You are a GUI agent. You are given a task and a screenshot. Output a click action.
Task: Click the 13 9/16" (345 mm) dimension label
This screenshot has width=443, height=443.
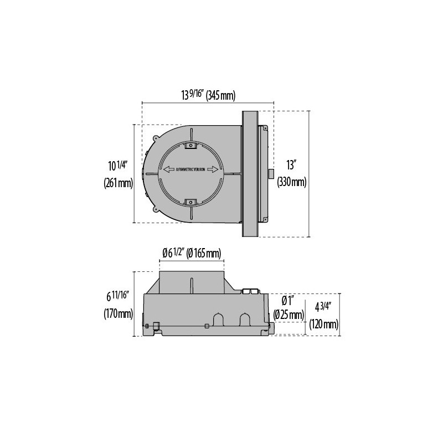click(208, 95)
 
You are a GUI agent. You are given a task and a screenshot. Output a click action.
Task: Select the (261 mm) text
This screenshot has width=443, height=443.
click(119, 183)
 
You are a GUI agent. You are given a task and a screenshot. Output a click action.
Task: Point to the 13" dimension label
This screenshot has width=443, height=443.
click(291, 164)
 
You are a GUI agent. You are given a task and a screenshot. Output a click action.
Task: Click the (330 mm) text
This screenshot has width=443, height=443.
click(292, 182)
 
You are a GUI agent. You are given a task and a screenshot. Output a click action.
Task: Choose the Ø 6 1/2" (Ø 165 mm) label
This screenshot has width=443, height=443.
click(192, 253)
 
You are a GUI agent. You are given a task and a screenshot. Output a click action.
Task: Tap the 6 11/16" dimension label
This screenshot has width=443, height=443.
click(118, 296)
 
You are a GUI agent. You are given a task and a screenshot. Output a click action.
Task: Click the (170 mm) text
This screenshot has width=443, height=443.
click(119, 313)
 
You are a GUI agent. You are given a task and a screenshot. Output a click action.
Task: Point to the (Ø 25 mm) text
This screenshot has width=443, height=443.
click(289, 315)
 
